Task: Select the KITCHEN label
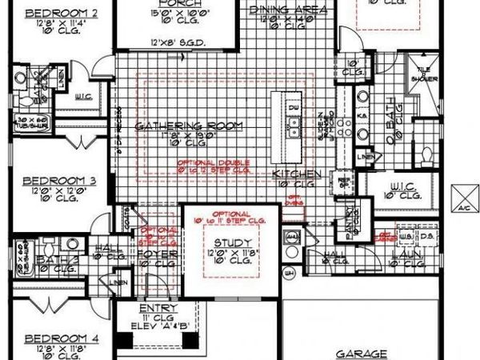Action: coord(297,174)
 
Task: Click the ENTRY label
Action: coord(152,308)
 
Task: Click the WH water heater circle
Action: coord(293,273)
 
